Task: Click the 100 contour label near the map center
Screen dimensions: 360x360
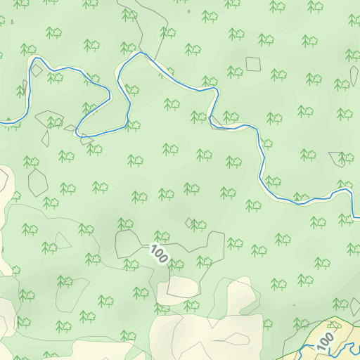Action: click(x=160, y=254)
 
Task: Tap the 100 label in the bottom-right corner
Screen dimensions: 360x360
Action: click(x=325, y=342)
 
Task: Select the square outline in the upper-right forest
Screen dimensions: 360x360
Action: click(x=253, y=64)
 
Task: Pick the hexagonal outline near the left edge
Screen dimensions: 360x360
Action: click(x=37, y=182)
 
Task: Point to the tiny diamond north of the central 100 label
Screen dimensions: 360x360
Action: click(x=190, y=223)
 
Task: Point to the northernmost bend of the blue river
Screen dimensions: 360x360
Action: click(x=141, y=53)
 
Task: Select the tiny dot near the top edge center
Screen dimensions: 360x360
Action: click(x=189, y=11)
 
